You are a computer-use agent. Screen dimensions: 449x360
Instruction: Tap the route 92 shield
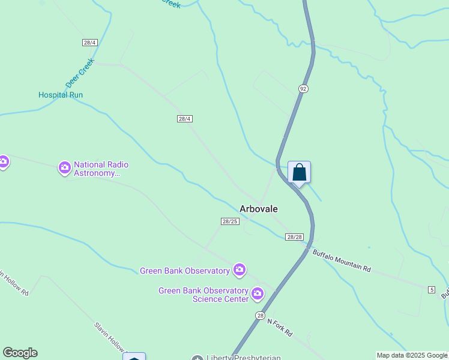pyautogui.click(x=303, y=89)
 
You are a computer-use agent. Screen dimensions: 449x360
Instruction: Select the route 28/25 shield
pyautogui.click(x=231, y=221)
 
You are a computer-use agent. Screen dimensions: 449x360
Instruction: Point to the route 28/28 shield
pyautogui.click(x=294, y=237)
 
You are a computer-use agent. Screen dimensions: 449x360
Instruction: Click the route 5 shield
pyautogui.click(x=432, y=290)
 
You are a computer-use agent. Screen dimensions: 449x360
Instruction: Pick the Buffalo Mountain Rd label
pyautogui.click(x=341, y=261)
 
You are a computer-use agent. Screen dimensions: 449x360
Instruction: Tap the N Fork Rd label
pyautogui.click(x=280, y=327)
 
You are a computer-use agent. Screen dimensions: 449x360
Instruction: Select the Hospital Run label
pyautogui.click(x=61, y=95)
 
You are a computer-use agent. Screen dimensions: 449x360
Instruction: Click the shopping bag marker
pyautogui.click(x=299, y=173)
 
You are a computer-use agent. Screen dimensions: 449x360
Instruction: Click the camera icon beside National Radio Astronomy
pyautogui.click(x=65, y=168)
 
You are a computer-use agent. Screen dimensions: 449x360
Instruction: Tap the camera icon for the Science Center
pyautogui.click(x=258, y=294)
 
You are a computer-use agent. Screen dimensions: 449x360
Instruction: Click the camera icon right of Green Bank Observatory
pyautogui.click(x=240, y=271)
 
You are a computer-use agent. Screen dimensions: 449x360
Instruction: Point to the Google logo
pyautogui.click(x=20, y=353)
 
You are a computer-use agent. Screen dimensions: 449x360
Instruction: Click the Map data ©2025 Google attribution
pyautogui.click(x=412, y=356)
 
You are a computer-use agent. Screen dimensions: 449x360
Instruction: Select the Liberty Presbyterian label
pyautogui.click(x=244, y=358)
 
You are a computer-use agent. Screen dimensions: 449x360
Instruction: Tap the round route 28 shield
pyautogui.click(x=260, y=316)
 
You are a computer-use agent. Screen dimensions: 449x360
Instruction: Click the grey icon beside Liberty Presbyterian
pyautogui.click(x=197, y=358)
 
